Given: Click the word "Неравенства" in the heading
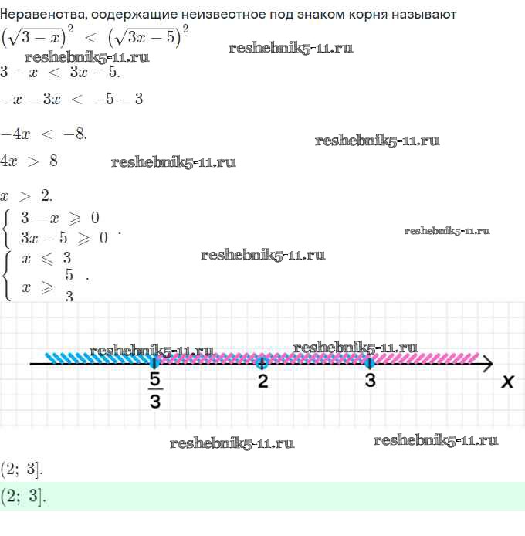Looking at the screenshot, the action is pyautogui.click(x=42, y=15).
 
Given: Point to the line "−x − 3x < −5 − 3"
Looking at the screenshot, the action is pyautogui.click(x=72, y=99).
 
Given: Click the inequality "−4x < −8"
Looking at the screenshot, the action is pyautogui.click(x=43, y=134).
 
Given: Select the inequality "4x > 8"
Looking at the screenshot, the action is pyautogui.click(x=29, y=161).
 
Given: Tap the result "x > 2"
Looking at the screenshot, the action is pyautogui.click(x=26, y=196).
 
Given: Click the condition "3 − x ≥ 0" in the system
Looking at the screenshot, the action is pyautogui.click(x=59, y=218).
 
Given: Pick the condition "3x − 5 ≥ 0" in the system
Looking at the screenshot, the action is pyautogui.click(x=64, y=238).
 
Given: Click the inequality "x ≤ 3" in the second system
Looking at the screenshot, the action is pyautogui.click(x=46, y=258).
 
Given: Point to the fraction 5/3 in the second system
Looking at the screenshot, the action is pyautogui.click(x=69, y=285).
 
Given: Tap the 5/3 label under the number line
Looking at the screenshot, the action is pyautogui.click(x=155, y=390).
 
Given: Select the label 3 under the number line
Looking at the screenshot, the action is pyautogui.click(x=370, y=381).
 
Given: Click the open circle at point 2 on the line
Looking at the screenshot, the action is pyautogui.click(x=262, y=363).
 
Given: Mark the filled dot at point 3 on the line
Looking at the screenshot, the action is pyautogui.click(x=369, y=363).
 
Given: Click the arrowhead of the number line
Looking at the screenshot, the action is pyautogui.click(x=487, y=363).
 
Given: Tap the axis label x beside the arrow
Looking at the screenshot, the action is pyautogui.click(x=507, y=382).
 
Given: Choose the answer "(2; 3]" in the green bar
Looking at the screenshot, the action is pyautogui.click(x=23, y=497).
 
